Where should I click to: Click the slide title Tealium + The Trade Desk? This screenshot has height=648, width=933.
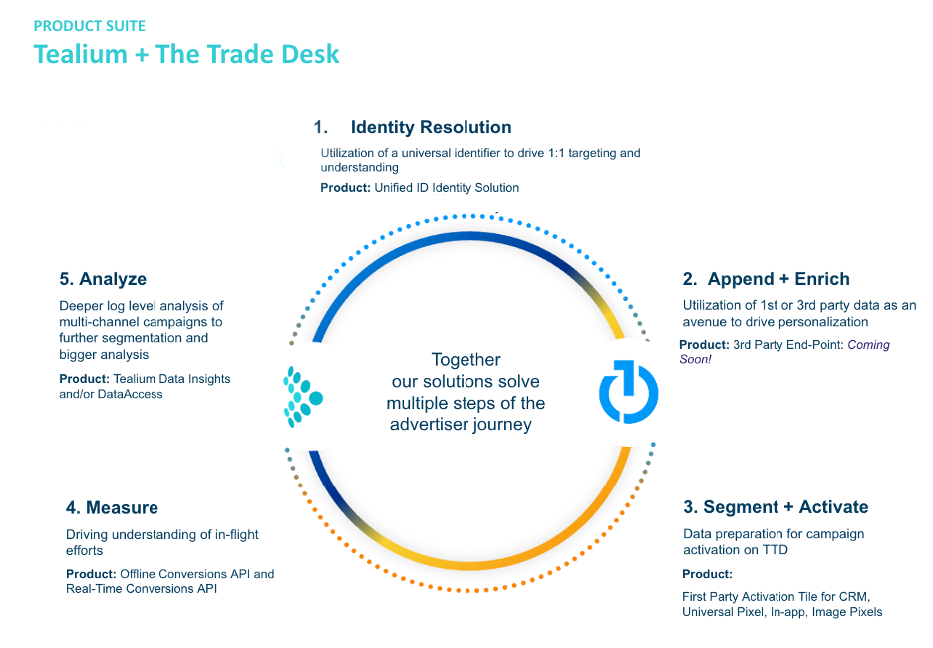point(186,53)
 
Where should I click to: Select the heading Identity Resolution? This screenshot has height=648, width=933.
point(431,127)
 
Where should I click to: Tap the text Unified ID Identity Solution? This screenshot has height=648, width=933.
point(447,187)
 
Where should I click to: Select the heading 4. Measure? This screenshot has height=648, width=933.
point(112,508)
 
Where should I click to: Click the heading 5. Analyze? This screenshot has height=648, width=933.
point(103,279)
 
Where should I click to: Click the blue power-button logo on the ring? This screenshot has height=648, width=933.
point(628,393)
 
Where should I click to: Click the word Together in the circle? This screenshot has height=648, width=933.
point(466,360)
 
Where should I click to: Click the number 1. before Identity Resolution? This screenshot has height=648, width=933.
point(320,127)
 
